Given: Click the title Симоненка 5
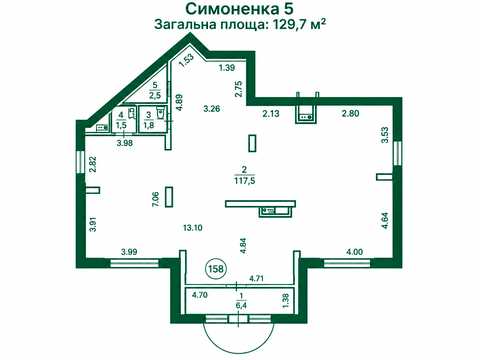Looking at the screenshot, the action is coord(239,9).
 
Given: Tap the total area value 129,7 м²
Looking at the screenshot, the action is coord(299,25).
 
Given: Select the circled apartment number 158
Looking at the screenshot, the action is coord(215,268).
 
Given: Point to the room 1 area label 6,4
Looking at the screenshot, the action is coord(239,305).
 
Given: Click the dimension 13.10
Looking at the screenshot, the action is coord(193,228).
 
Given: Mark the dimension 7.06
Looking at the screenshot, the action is coord(155,199).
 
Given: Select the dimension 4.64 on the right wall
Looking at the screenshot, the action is coord(385,220).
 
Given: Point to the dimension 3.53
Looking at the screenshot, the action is coord(385,135).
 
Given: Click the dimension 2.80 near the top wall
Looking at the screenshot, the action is coord(350,113).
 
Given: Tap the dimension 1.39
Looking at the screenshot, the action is coord(227,68).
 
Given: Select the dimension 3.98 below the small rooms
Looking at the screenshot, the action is coord(124,143).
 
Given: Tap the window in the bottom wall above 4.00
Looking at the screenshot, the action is coord(348,264).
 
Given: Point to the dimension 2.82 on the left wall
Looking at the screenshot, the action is coord(93,164).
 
